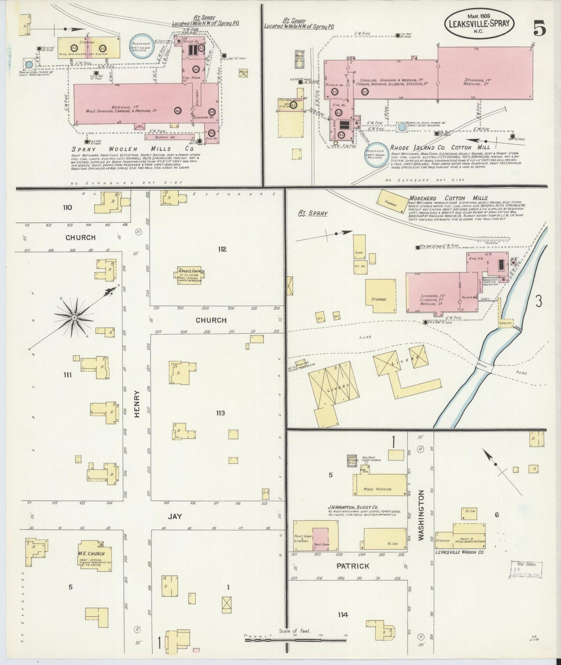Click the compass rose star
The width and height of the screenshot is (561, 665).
pos(74,317)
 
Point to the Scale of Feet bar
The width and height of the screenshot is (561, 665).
pos(295,639)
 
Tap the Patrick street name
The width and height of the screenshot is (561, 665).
pos(353,566)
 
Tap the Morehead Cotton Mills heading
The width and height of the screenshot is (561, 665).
pos(448,198)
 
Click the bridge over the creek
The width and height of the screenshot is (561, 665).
pos(483,367)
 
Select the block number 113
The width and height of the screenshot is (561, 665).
pos(221,413)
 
